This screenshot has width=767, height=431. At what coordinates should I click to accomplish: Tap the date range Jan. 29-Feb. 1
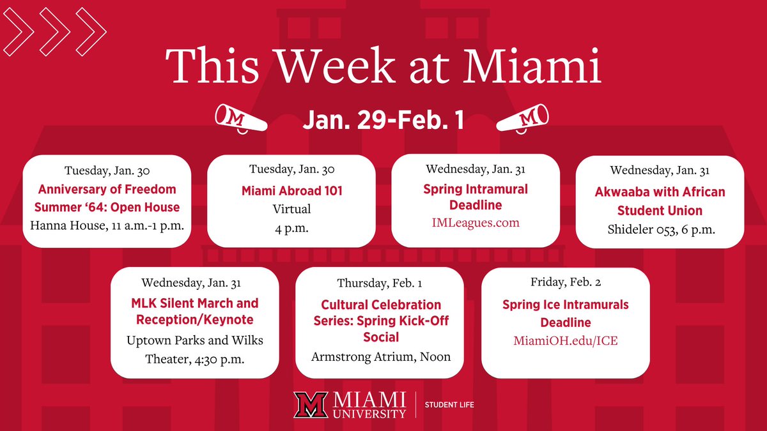point(383,121)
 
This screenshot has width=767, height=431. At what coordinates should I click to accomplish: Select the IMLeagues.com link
point(476,223)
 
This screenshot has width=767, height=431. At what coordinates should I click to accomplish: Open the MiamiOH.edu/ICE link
point(566,341)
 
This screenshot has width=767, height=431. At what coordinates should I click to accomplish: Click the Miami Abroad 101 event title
point(291,191)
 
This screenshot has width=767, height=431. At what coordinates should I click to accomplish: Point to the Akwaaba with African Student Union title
point(660,201)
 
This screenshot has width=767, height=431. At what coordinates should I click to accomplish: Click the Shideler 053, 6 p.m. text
point(660,230)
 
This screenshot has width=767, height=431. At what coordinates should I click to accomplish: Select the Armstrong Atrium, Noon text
point(380,356)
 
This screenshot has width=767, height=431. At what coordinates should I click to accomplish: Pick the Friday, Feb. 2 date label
point(566,282)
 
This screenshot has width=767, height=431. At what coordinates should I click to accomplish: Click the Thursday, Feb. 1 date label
point(380,283)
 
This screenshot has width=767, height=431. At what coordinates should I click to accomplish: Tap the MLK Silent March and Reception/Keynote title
point(195,311)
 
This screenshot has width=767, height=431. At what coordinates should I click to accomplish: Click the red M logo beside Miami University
point(311,405)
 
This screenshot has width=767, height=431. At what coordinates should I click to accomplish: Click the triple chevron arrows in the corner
point(54,32)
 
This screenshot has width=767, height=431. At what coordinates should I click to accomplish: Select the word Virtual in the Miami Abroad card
point(291,209)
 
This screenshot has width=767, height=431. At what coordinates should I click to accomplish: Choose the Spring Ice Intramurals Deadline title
point(566,313)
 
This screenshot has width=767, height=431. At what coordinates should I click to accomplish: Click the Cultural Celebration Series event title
point(380,321)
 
